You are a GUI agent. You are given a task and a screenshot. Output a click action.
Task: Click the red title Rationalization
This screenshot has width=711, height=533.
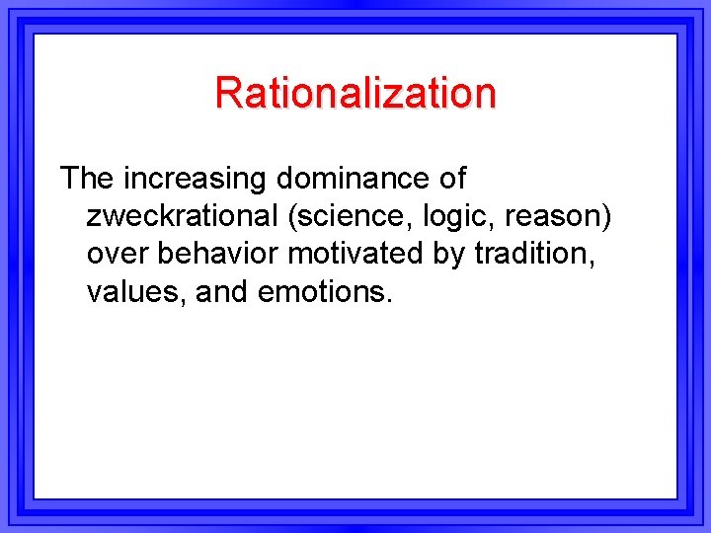pos(355,93)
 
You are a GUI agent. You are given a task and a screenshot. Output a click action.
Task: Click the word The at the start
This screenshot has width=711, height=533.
pos(87,179)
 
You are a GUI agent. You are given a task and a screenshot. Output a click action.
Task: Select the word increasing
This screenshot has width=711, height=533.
pos(195,179)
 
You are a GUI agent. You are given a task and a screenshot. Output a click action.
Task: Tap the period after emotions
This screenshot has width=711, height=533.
pos(389,300)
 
